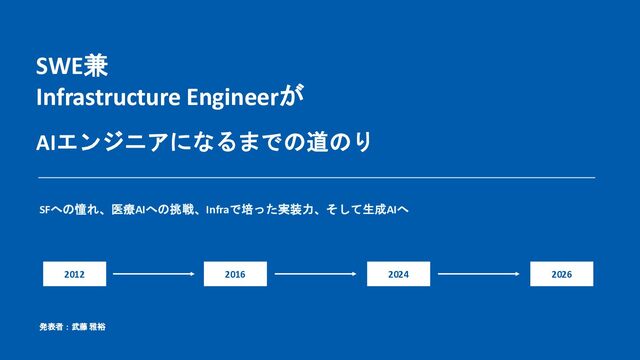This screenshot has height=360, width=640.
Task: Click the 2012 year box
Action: point(74,274)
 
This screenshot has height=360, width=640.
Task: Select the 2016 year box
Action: point(236,274)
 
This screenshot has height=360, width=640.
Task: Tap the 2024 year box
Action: point(398,274)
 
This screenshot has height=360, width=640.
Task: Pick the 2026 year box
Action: point(562,274)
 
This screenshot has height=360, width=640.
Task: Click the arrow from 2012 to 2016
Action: point(154,274)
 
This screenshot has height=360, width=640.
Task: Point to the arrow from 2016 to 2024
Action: point(316,274)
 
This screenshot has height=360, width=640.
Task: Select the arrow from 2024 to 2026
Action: point(479,274)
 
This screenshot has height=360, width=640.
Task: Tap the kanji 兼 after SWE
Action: point(96,66)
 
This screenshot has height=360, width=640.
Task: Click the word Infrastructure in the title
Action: point(108,98)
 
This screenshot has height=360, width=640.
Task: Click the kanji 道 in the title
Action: point(317,142)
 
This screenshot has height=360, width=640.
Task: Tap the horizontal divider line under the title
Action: point(317,178)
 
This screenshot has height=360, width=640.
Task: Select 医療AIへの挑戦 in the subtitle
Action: point(153,210)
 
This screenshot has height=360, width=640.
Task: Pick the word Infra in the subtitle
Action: point(217,210)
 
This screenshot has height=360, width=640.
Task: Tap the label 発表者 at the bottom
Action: point(51,327)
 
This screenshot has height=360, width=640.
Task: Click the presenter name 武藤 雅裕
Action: point(89,327)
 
